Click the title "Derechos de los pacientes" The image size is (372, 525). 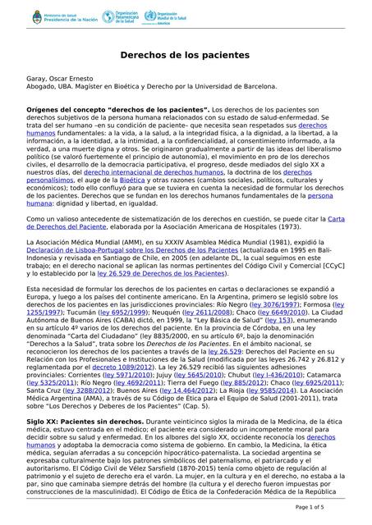pyautogui.click(x=186, y=54)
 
